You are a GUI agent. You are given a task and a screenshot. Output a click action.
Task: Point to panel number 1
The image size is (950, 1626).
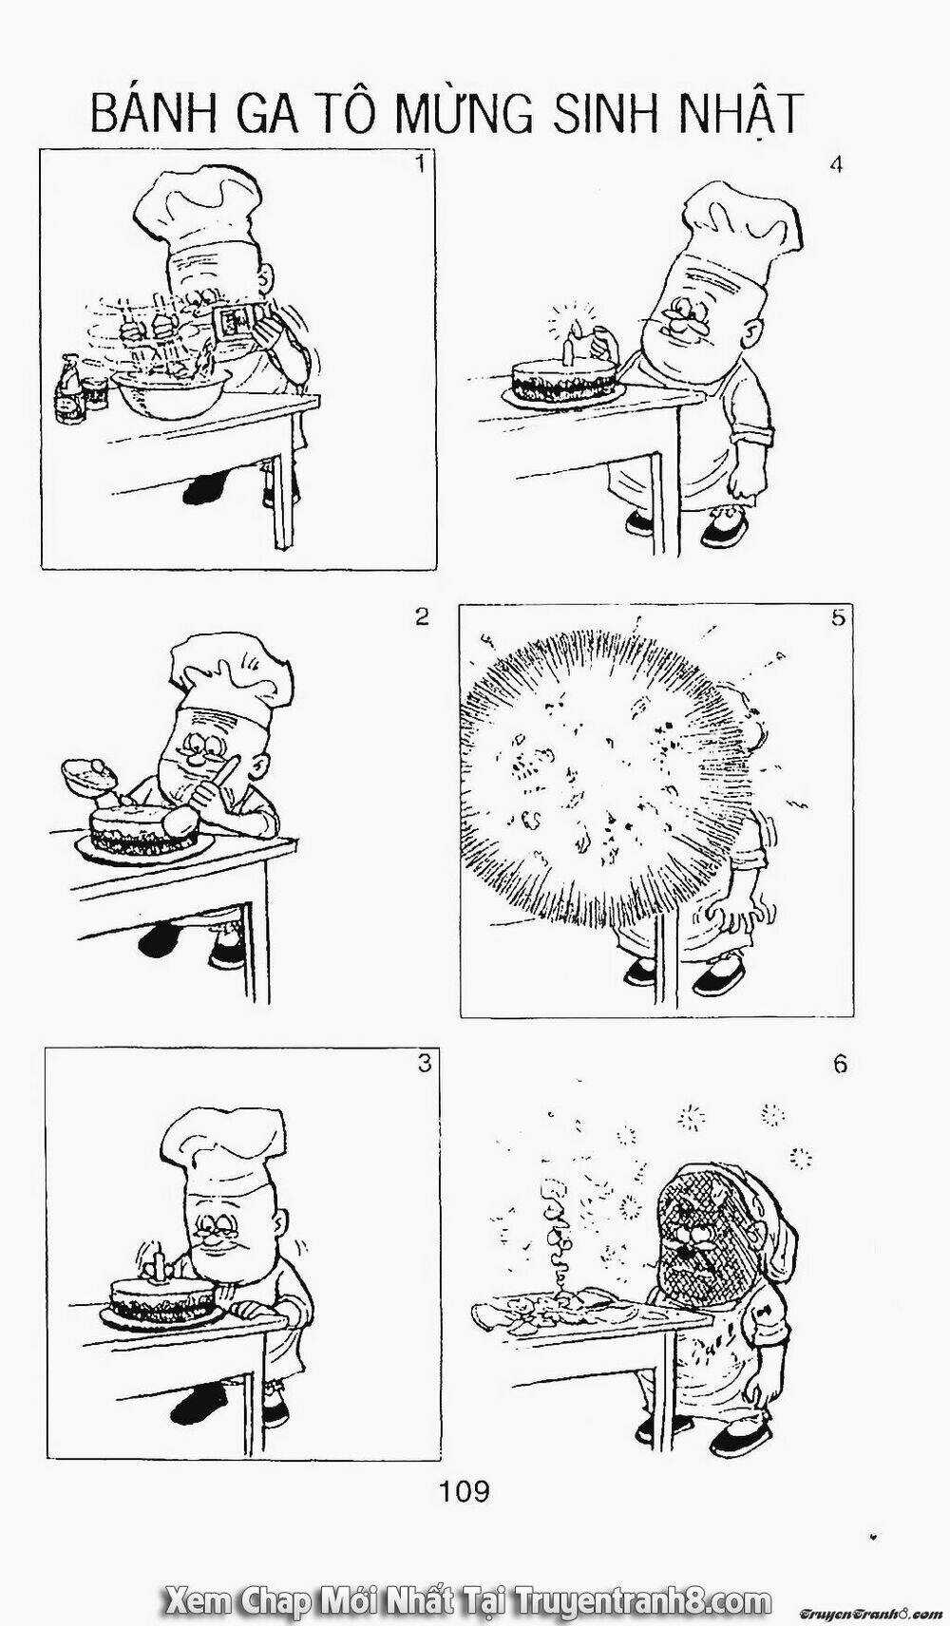417,164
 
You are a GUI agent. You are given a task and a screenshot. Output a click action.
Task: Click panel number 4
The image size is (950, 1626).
837,165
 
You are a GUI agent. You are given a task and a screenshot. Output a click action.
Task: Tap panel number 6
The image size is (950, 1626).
840,1065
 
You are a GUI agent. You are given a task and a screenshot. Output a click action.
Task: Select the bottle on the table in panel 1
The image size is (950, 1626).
71,389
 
